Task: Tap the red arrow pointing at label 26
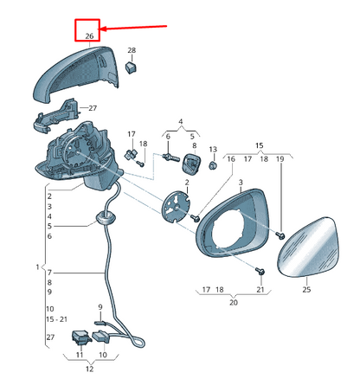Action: pyautogui.click(x=133, y=28)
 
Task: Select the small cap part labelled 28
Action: pyautogui.click(x=131, y=68)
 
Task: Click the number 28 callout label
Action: pyautogui.click(x=132, y=50)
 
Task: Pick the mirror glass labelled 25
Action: pyautogui.click(x=309, y=247)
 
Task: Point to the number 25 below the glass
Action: pyautogui.click(x=306, y=289)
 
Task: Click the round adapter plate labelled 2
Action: pyautogui.click(x=177, y=207)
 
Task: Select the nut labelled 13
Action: pyautogui.click(x=213, y=166)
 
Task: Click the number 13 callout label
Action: pyautogui.click(x=213, y=150)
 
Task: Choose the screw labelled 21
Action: pyautogui.click(x=260, y=271)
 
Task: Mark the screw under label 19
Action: pyautogui.click(x=280, y=235)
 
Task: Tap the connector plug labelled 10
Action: pyautogui.click(x=101, y=337)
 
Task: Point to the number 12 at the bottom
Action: pyautogui.click(x=89, y=369)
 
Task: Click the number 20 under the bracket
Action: pyautogui.click(x=234, y=302)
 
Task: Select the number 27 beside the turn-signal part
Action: pyautogui.click(x=93, y=108)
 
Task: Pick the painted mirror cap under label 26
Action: pyautogui.click(x=75, y=75)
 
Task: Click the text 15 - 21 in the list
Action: pyautogui.click(x=57, y=319)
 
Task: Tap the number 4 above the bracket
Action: pyautogui.click(x=181, y=122)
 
